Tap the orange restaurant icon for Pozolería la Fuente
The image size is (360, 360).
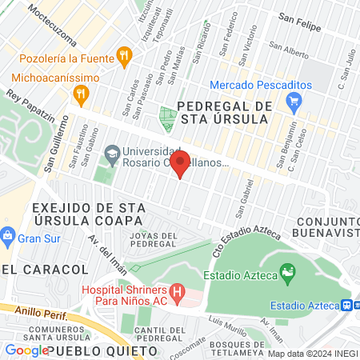123,56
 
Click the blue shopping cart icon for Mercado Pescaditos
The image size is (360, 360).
294,102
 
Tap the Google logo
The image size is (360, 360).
26,350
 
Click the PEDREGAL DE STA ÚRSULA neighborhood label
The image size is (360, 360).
226,113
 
